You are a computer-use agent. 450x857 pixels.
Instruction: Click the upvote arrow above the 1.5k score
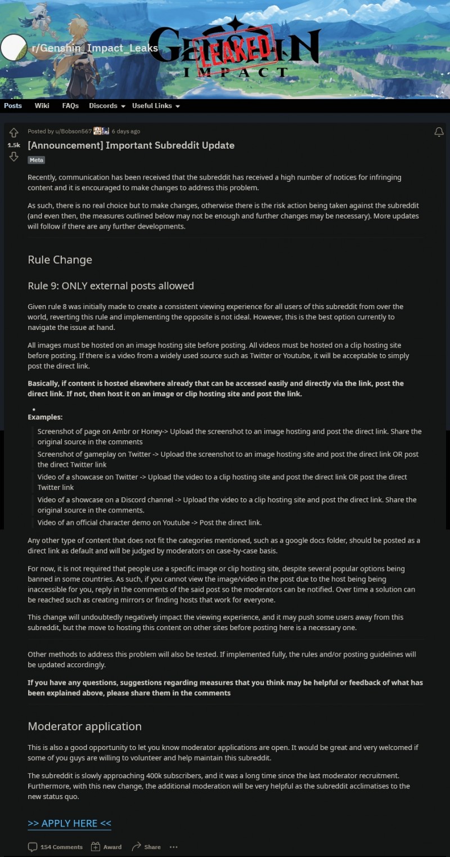tap(13, 133)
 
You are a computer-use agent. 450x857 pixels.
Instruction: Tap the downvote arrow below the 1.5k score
tap(13, 157)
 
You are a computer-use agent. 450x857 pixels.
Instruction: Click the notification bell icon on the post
tap(439, 132)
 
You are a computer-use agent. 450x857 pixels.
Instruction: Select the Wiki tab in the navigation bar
tap(42, 106)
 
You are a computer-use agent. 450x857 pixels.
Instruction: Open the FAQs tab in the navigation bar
tap(70, 106)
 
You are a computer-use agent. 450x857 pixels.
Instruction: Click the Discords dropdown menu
tap(107, 106)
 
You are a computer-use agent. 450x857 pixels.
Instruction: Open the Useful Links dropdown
tap(156, 106)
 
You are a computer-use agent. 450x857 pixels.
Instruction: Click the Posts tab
tap(13, 106)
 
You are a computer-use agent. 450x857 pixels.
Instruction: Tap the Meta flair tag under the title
tap(36, 160)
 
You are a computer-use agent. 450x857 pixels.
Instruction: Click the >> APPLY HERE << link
tap(69, 823)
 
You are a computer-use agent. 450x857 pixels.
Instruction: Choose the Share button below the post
tap(146, 847)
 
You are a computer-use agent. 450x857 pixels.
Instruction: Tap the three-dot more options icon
tap(173, 847)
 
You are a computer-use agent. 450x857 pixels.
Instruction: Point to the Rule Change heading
tap(60, 260)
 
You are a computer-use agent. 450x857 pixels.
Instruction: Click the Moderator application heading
tap(84, 726)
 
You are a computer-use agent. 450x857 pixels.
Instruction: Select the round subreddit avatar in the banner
tap(13, 48)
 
